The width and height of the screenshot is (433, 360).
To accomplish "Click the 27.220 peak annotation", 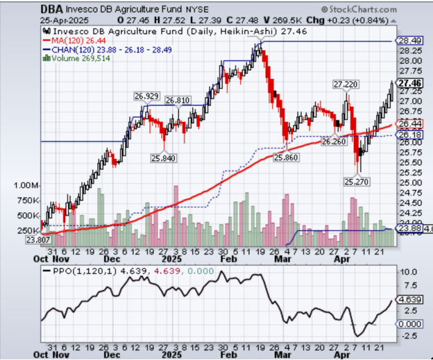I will [346, 84].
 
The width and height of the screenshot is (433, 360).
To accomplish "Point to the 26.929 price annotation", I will [148, 95].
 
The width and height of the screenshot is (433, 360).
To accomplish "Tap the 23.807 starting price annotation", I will [40, 239].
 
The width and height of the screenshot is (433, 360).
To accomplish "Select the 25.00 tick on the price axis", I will [407, 183].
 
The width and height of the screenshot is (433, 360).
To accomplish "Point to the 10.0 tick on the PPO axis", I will [404, 272].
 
